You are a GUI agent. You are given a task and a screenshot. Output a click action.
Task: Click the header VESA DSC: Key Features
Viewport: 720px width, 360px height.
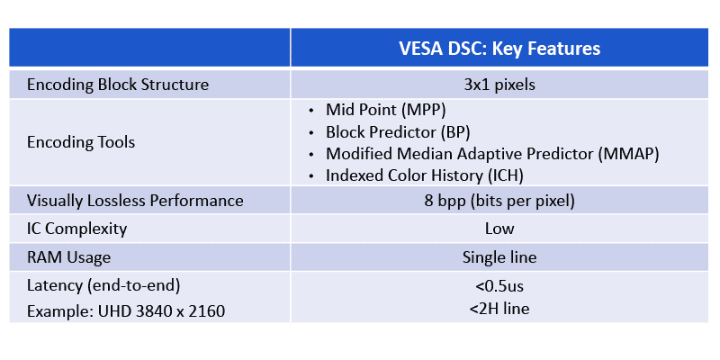pyautogui.click(x=499, y=47)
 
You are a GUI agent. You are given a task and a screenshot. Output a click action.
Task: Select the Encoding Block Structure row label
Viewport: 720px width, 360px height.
pyautogui.click(x=118, y=85)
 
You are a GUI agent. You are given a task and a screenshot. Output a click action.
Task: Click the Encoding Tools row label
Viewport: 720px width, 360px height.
pyautogui.click(x=81, y=141)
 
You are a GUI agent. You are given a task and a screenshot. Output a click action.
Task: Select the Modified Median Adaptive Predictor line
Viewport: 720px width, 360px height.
pyautogui.click(x=492, y=153)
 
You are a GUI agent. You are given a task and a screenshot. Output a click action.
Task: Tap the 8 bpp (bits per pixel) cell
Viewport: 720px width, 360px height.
pyautogui.click(x=499, y=200)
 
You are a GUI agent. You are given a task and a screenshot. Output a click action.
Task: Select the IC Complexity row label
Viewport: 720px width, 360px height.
pyautogui.click(x=76, y=229)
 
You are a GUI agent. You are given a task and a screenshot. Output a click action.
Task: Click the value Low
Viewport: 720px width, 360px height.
pyautogui.click(x=499, y=229)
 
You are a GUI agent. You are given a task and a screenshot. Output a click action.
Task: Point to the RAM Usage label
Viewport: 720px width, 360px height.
pyautogui.click(x=69, y=257)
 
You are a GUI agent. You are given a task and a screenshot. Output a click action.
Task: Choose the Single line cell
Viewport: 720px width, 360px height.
pyautogui.click(x=499, y=257)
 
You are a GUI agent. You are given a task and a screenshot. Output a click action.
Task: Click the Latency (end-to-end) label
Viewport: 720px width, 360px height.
pyautogui.click(x=104, y=286)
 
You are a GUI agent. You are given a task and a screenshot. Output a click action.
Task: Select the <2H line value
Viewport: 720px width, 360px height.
pyautogui.click(x=499, y=310)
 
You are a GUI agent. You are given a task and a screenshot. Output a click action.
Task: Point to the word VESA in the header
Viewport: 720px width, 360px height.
pyautogui.click(x=421, y=47)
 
